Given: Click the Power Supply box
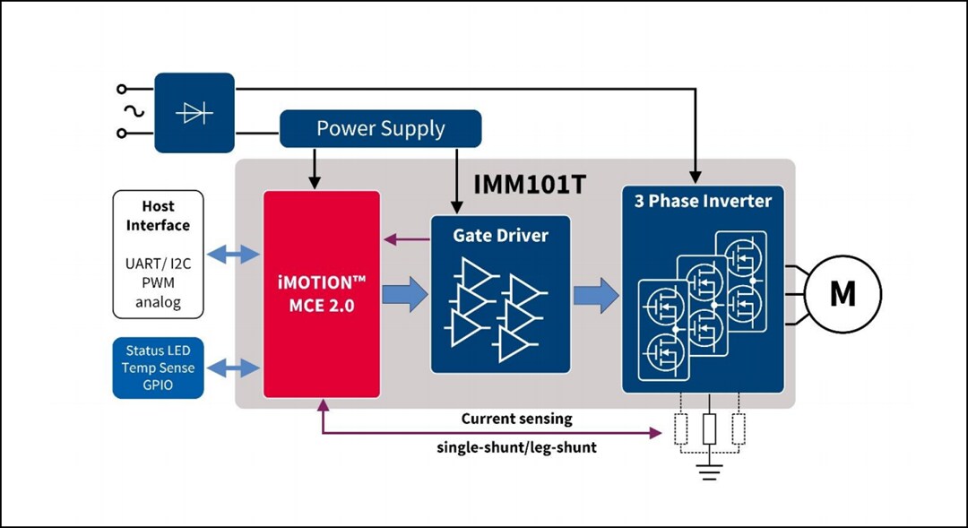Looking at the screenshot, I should pyautogui.click(x=381, y=128).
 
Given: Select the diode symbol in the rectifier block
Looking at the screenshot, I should pyautogui.click(x=194, y=113).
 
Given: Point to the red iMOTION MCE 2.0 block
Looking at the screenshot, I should pyautogui.click(x=322, y=293).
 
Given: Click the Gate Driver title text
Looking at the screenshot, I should pyautogui.click(x=500, y=236).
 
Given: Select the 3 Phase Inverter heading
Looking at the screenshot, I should pyautogui.click(x=703, y=201).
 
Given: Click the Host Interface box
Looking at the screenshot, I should pyautogui.click(x=158, y=254).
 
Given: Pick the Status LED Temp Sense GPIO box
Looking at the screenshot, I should pyautogui.click(x=158, y=368).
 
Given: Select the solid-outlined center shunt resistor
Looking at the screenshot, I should pyautogui.click(x=710, y=429).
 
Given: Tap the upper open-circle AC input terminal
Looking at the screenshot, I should pyautogui.click(x=122, y=89).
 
